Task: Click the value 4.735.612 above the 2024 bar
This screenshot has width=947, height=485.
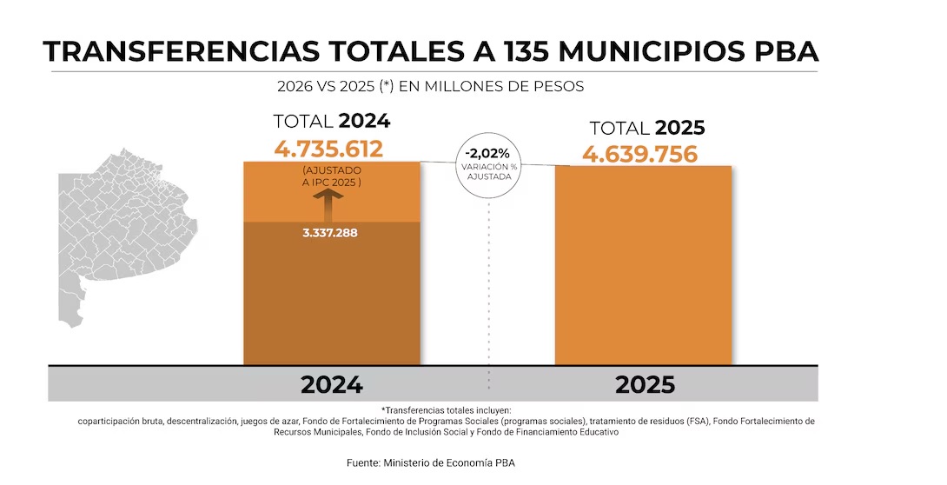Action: click(328, 149)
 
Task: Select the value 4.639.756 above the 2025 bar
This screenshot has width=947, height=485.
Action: click(640, 155)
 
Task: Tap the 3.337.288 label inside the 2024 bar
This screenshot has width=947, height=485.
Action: click(330, 233)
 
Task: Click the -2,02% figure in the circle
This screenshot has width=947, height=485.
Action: click(487, 154)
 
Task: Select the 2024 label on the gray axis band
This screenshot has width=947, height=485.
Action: click(331, 385)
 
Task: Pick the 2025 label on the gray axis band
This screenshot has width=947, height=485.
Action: click(645, 385)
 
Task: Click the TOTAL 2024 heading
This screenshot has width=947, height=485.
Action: click(331, 122)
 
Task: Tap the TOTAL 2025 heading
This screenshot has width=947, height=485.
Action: click(646, 129)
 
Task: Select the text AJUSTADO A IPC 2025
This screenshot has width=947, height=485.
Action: click(331, 176)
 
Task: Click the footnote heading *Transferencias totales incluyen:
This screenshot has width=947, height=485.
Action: click(447, 409)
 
